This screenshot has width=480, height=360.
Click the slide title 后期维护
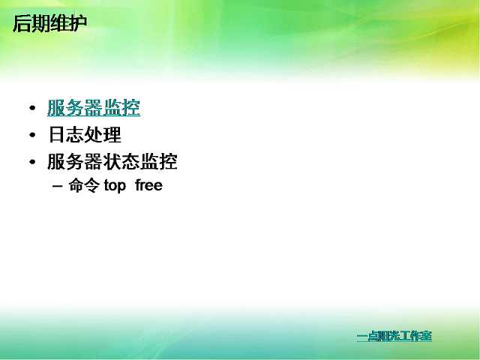(x=50, y=23)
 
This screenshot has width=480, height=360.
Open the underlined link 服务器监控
(x=94, y=108)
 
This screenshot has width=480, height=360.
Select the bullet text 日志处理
(x=85, y=135)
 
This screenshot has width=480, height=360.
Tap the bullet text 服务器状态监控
(x=112, y=162)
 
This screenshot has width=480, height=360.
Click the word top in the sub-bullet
(x=115, y=186)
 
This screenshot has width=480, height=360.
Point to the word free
(x=148, y=185)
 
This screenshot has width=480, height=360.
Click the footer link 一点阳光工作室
(x=394, y=336)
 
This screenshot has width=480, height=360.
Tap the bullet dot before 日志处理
(x=32, y=135)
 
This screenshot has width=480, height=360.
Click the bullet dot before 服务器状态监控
(x=32, y=162)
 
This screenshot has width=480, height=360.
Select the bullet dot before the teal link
(x=32, y=108)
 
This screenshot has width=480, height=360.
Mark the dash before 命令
(x=57, y=186)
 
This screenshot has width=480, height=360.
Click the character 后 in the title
(x=22, y=23)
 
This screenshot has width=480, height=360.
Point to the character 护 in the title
(x=78, y=23)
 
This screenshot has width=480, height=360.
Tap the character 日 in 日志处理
(x=57, y=135)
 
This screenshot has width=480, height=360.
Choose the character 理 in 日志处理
(x=112, y=135)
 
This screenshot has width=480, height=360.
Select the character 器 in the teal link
(x=94, y=108)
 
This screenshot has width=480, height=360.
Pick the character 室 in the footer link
(x=427, y=336)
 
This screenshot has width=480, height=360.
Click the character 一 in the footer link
(x=361, y=337)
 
